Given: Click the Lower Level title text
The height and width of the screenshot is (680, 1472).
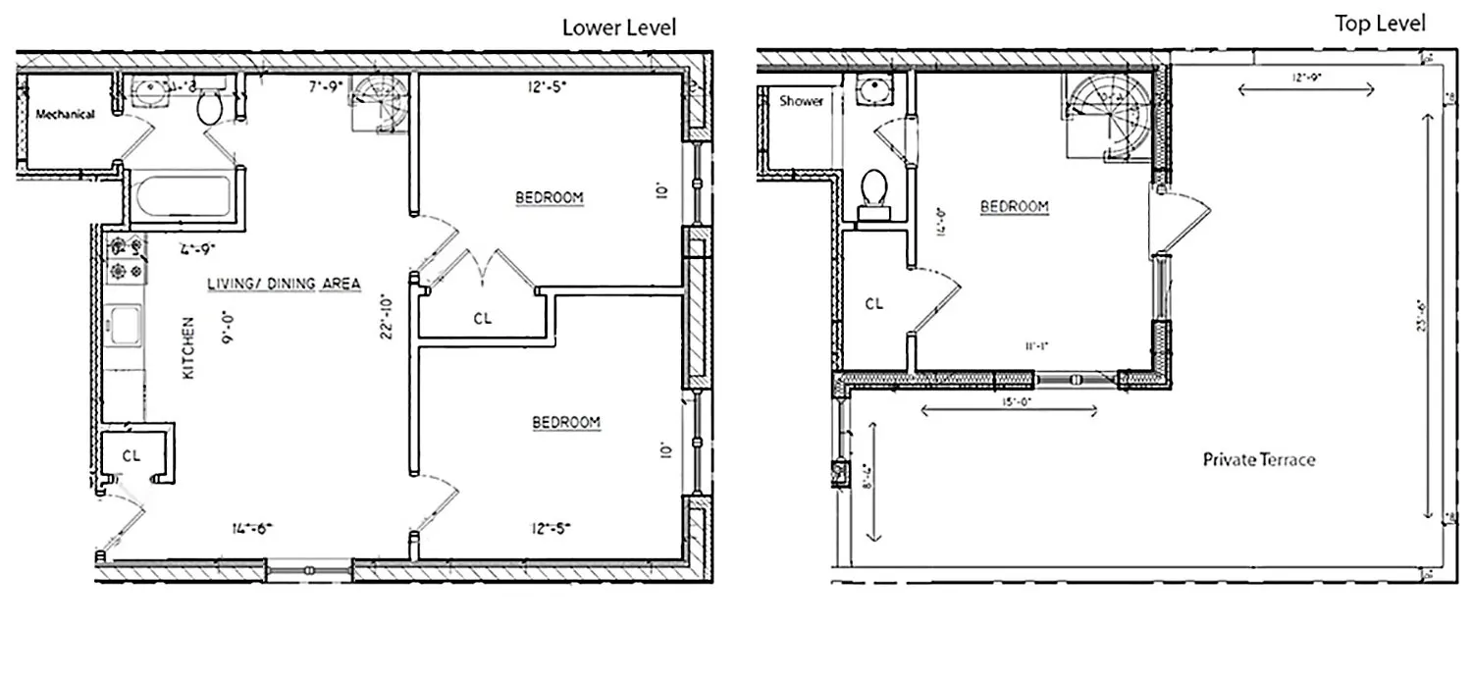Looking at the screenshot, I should click(x=618, y=26).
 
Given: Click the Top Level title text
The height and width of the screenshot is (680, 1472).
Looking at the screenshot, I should click(x=1380, y=24).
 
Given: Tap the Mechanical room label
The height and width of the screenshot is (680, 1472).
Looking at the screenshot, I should click(x=65, y=115).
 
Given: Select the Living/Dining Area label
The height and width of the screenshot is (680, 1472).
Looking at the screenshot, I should click(x=284, y=284).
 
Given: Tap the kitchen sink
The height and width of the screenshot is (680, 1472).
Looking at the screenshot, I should click(x=126, y=326).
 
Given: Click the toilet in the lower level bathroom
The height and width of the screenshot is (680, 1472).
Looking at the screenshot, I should click(x=210, y=108).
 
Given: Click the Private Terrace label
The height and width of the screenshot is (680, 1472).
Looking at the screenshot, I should click(x=1259, y=459).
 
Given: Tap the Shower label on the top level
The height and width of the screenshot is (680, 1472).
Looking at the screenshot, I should click(x=801, y=101).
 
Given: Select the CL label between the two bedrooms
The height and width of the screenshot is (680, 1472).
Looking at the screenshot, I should click(x=482, y=318).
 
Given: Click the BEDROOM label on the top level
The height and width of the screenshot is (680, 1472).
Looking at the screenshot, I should click(x=1015, y=207).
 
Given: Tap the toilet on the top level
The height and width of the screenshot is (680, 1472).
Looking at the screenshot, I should click(x=872, y=191).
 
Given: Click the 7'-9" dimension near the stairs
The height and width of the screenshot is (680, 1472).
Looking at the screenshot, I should click(x=325, y=87).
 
